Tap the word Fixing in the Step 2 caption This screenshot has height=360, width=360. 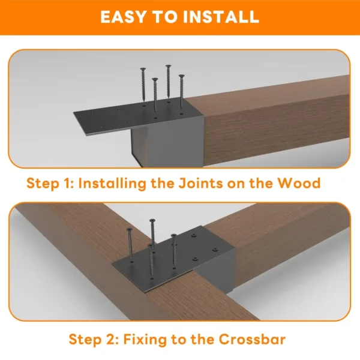click(143, 339)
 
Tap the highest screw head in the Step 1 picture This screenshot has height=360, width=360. click(168, 67)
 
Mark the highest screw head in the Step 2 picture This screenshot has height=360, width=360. click(152, 222)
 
